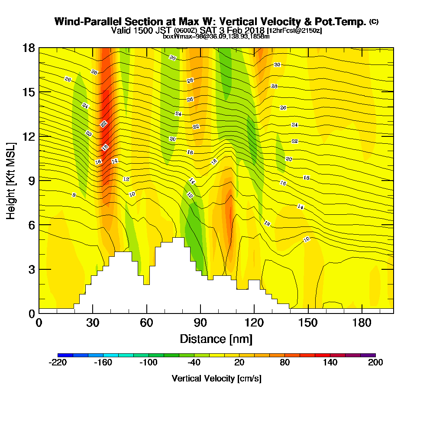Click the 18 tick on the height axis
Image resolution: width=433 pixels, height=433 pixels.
click(30, 48)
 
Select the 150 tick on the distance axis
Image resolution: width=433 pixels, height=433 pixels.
click(307, 323)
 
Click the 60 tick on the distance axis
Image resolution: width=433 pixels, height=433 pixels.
click(147, 323)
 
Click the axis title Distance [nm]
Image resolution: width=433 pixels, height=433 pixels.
click(216, 339)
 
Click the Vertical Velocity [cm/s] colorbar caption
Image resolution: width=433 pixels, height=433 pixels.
click(216, 378)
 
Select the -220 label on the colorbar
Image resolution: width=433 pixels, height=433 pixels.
click(58, 363)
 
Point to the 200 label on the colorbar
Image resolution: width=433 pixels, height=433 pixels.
click(375, 363)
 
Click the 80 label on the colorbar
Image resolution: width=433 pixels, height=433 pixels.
click(284, 363)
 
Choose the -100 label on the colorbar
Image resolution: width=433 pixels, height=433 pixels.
click(148, 363)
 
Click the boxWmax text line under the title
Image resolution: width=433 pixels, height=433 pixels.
click(216, 36)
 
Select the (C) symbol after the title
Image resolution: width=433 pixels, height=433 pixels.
click(374, 21)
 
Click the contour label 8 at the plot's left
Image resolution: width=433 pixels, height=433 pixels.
click(74, 195)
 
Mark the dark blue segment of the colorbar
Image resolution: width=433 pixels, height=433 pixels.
click(65, 355)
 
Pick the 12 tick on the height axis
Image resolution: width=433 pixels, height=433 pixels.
click(30, 136)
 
